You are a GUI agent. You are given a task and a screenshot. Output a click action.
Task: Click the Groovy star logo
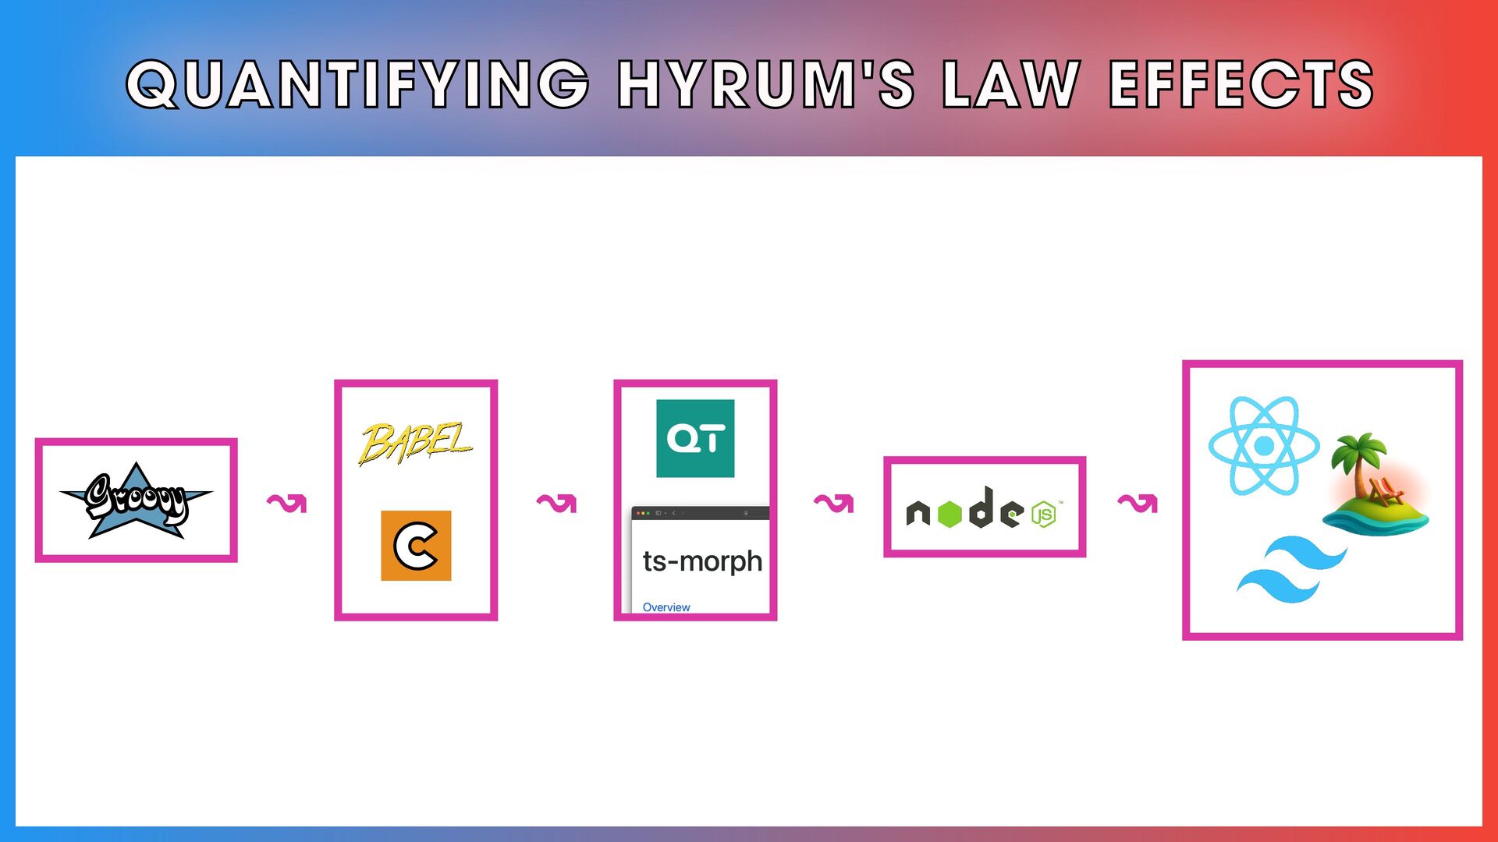pyautogui.click(x=137, y=501)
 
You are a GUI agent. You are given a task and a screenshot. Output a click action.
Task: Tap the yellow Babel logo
pyautogui.click(x=415, y=443)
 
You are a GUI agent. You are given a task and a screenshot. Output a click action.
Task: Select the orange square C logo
pyautogui.click(x=416, y=546)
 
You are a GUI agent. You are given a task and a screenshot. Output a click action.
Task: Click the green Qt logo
pyautogui.click(x=695, y=438)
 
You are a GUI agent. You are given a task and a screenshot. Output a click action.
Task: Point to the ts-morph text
pyautogui.click(x=702, y=561)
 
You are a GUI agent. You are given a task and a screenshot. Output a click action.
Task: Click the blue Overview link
pyautogui.click(x=666, y=607)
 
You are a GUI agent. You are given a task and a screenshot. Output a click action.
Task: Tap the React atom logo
pyautogui.click(x=1264, y=445)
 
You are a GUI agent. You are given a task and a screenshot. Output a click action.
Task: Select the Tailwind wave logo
pyautogui.click(x=1291, y=569)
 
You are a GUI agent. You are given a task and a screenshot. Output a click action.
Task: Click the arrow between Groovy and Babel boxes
pyautogui.click(x=287, y=503)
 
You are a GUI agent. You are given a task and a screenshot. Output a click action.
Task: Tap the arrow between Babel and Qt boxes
pyautogui.click(x=556, y=503)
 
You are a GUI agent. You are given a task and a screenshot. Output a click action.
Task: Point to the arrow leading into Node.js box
pyautogui.click(x=833, y=503)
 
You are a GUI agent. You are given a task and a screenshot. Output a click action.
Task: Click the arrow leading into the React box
pyautogui.click(x=1138, y=503)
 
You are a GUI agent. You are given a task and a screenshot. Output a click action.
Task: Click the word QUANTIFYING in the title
pyautogui.click(x=357, y=83)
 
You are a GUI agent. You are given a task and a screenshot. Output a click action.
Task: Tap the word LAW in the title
pyautogui.click(x=1011, y=83)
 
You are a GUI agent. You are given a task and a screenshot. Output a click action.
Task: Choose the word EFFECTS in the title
pyautogui.click(x=1241, y=83)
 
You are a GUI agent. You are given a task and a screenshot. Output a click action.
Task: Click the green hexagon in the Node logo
pyautogui.click(x=950, y=515)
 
